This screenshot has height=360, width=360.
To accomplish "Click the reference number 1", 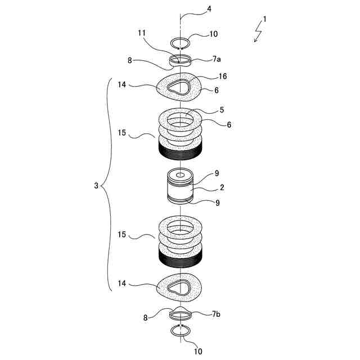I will [x=265, y=19].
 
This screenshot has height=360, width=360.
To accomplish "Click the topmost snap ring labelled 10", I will [x=181, y=43].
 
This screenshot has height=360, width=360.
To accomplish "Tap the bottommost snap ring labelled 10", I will [x=181, y=330].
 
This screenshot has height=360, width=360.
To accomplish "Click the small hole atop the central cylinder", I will [x=180, y=175].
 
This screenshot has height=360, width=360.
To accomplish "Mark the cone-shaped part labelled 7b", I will [x=180, y=313].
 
